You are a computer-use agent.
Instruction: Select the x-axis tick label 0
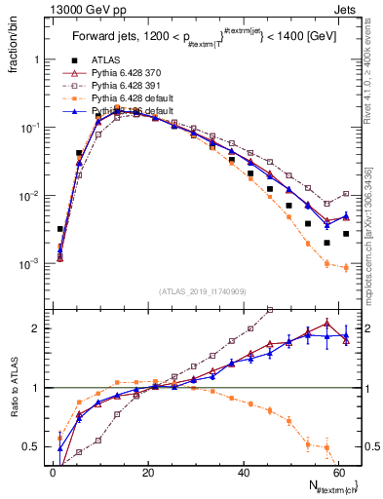pyautogui.click(x=52, y=472)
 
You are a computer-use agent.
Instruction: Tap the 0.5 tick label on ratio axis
pyautogui.click(x=31, y=446)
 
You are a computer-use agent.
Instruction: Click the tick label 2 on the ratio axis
pyautogui.click(x=37, y=327)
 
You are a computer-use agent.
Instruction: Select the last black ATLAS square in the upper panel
pyautogui.click(x=346, y=234)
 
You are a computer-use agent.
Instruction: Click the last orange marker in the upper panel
pyautogui.click(x=346, y=268)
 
